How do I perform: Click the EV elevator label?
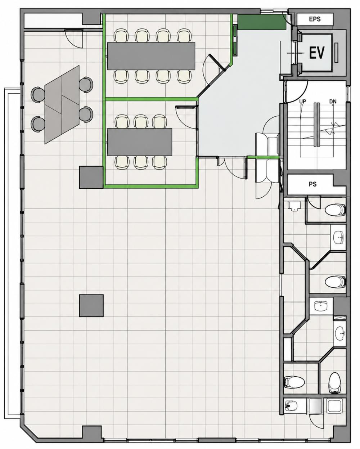click(317, 53)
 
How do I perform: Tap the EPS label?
click(315, 19)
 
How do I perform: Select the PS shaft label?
click(312, 184)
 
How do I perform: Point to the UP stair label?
click(303, 102)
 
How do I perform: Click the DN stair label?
click(333, 102)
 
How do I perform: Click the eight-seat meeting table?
click(151, 56)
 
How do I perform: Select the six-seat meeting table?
click(140, 142)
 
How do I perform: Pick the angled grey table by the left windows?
click(62, 104)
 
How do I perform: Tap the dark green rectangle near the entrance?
click(262, 22)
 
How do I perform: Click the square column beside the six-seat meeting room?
click(91, 178)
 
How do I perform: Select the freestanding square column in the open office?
click(91, 306)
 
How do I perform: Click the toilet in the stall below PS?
click(336, 210)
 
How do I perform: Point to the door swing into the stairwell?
click(297, 91)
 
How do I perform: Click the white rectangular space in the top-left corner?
click(53, 21)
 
